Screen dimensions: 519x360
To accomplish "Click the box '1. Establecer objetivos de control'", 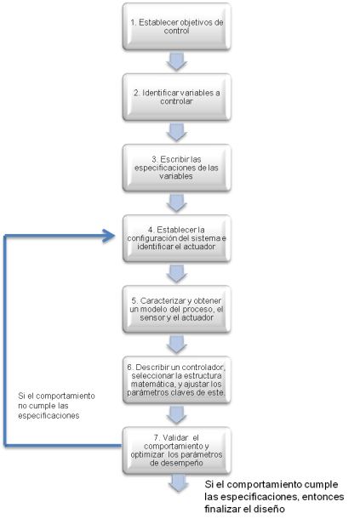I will (176, 26).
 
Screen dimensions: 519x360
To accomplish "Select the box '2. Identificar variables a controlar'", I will (176, 96).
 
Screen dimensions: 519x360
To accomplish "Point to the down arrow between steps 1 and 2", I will (176, 61).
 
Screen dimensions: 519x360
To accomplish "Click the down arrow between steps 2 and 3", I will (176, 131).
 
